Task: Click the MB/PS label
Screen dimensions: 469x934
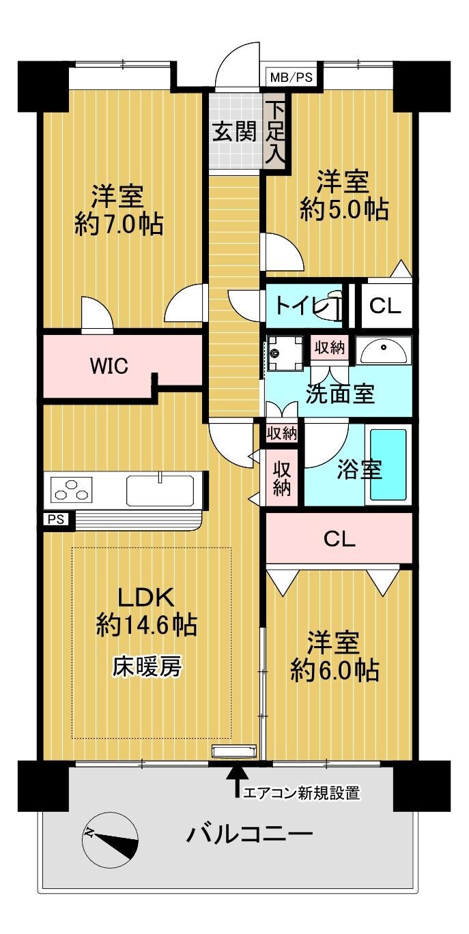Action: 291,77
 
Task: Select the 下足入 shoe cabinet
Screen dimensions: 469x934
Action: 275,132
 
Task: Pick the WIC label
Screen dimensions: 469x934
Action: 109,366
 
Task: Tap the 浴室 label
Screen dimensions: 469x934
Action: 359,469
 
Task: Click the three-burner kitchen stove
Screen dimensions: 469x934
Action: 72,489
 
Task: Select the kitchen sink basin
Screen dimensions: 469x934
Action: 160,490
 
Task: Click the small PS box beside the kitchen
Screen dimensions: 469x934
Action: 56,520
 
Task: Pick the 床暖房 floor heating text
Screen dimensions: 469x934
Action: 147,667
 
